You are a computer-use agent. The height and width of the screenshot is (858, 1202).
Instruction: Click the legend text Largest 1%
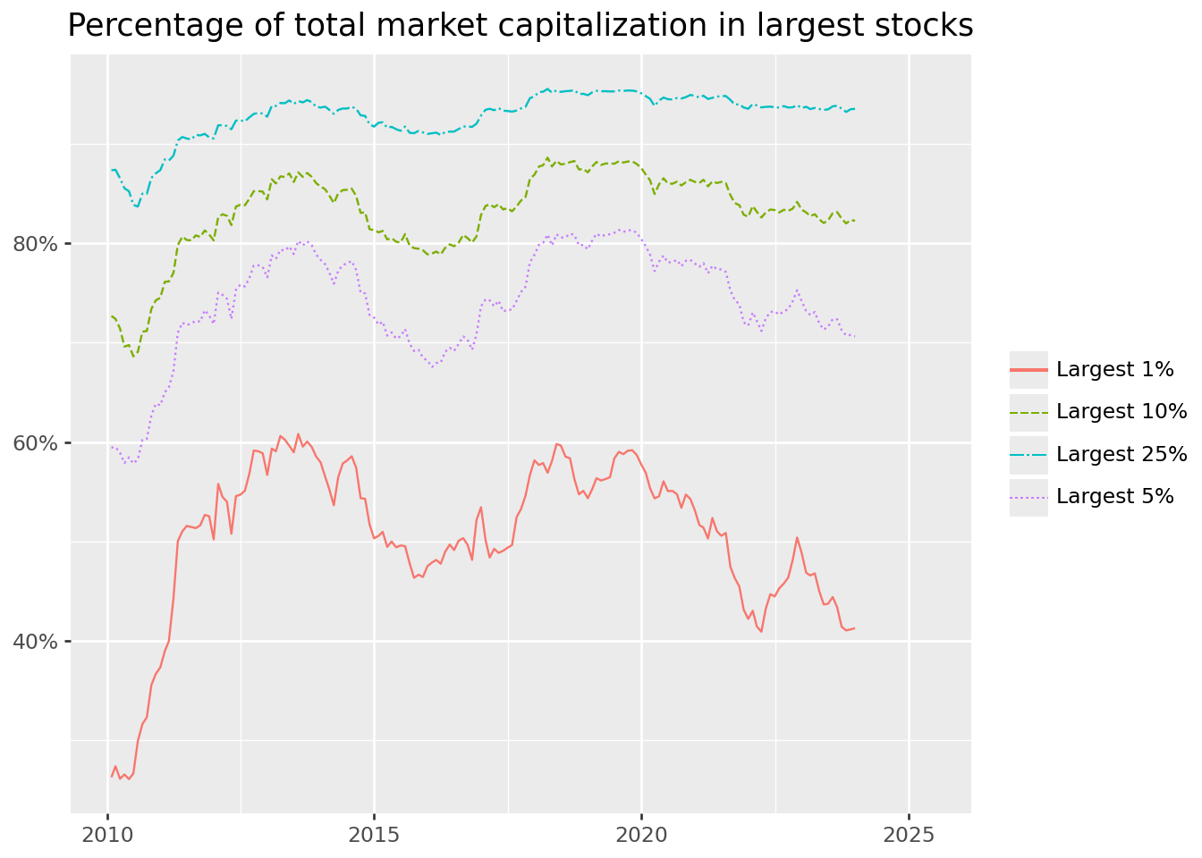[1114, 369]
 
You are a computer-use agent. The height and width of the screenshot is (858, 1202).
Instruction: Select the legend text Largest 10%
[1122, 411]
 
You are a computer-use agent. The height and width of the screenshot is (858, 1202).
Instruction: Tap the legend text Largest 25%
[1122, 454]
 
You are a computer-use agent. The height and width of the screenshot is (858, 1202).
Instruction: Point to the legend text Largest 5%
[1114, 497]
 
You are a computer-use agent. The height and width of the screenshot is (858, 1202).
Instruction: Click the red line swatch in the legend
[1028, 369]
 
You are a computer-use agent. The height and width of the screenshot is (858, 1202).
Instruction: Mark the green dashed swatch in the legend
[1028, 412]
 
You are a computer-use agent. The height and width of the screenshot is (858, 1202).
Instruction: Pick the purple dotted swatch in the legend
[1028, 498]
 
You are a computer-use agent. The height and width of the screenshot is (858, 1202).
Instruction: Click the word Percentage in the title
[144, 26]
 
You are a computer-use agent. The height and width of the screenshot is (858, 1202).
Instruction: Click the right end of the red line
[855, 628]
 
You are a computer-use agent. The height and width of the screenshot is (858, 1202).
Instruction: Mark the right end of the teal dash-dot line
[855, 109]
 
